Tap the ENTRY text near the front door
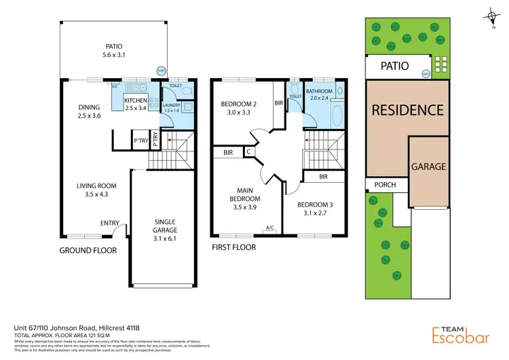tap(110, 223)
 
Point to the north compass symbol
tap(491, 16)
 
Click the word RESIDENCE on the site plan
tap(407, 109)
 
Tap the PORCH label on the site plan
tap(379, 184)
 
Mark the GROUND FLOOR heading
tap(87, 251)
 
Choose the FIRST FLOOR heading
tap(233, 247)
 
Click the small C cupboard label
tap(249, 152)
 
